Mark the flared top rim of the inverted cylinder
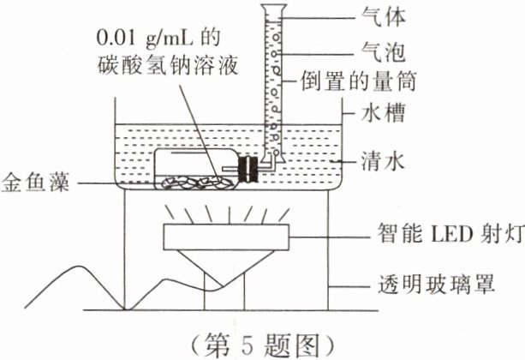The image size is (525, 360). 275,9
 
